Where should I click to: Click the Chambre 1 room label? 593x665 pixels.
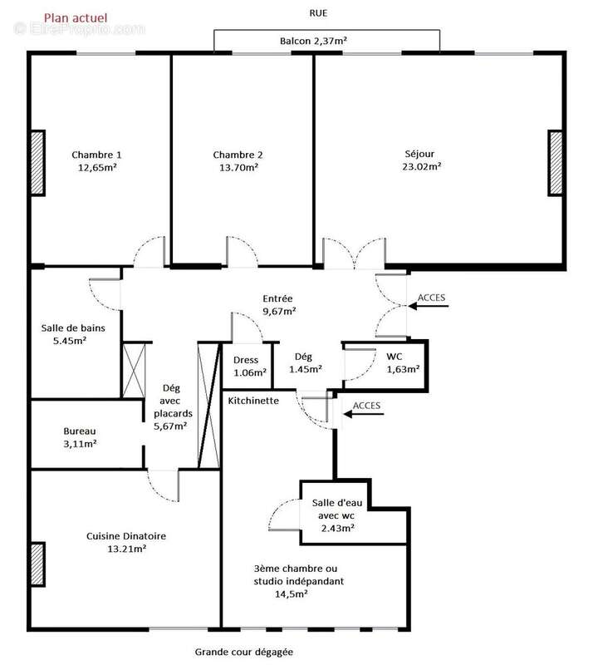[x=96, y=155]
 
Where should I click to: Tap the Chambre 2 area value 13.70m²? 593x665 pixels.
[x=238, y=167]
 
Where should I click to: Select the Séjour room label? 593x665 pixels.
[x=419, y=154]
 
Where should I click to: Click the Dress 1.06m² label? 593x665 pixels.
[x=245, y=366]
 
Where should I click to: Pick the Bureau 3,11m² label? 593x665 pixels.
[x=80, y=437]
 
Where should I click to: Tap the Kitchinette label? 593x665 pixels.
[x=253, y=401]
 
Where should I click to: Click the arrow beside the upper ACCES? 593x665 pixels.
[x=429, y=307]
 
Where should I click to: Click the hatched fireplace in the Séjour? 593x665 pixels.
[x=555, y=163]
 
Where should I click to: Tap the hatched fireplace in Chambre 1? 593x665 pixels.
[x=37, y=163]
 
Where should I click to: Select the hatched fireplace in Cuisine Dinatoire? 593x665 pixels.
[x=37, y=566]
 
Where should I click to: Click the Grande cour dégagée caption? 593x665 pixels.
[x=244, y=653]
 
